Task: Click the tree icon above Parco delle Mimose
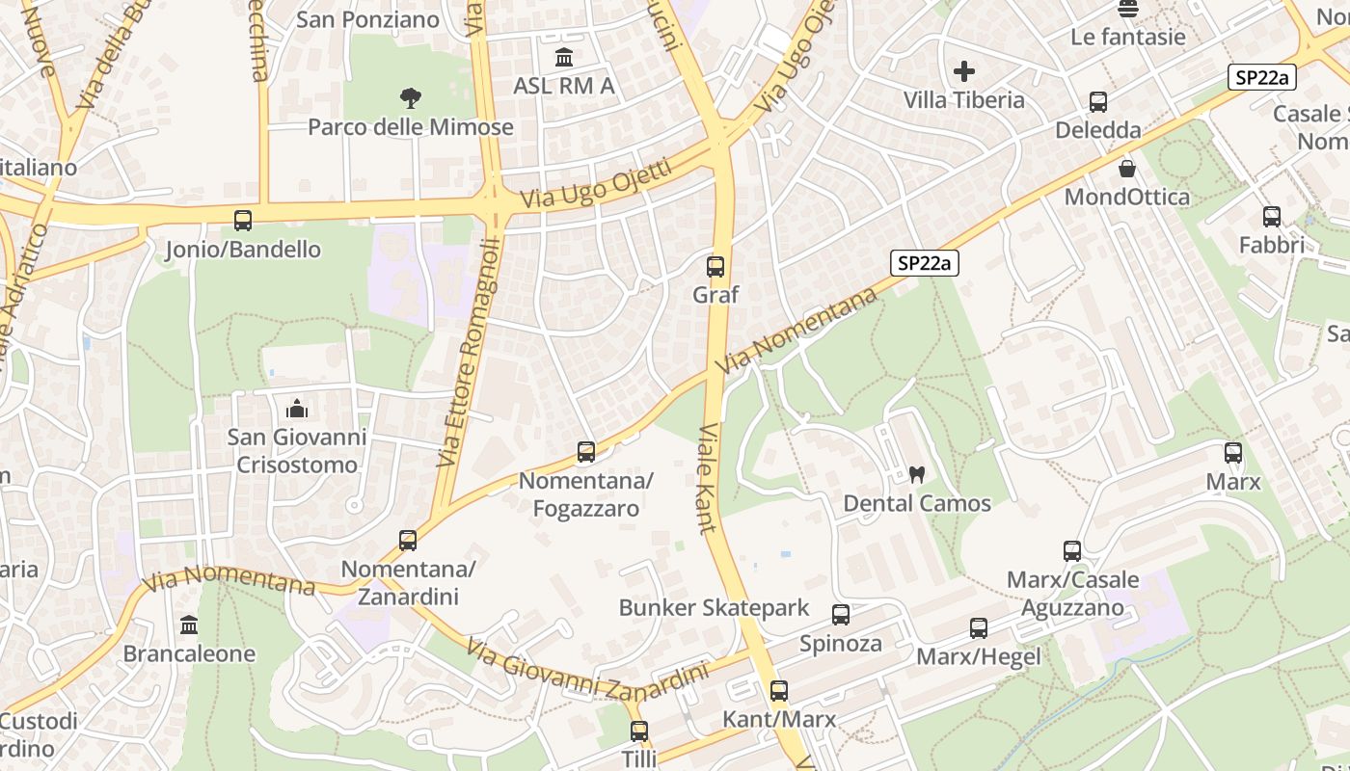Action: [x=411, y=97]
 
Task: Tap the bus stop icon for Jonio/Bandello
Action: [x=243, y=221]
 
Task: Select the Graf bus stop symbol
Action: [x=715, y=267]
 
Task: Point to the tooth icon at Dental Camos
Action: [x=917, y=474]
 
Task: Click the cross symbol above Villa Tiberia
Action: [x=964, y=71]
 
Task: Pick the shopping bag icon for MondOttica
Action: [x=1127, y=169]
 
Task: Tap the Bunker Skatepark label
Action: [x=714, y=608]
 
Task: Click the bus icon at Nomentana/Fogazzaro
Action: [x=585, y=451]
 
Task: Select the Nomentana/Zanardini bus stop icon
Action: [x=408, y=540]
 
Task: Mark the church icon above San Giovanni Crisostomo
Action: [x=297, y=410]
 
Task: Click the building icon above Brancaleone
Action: [x=189, y=625]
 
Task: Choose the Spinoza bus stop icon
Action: [x=841, y=615]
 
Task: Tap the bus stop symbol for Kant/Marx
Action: [x=779, y=691]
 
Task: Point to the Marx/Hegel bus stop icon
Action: [x=979, y=628]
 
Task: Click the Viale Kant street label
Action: [x=708, y=478]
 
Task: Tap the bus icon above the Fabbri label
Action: [x=1272, y=217]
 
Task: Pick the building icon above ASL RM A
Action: [x=564, y=57]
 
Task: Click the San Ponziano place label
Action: [x=367, y=19]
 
